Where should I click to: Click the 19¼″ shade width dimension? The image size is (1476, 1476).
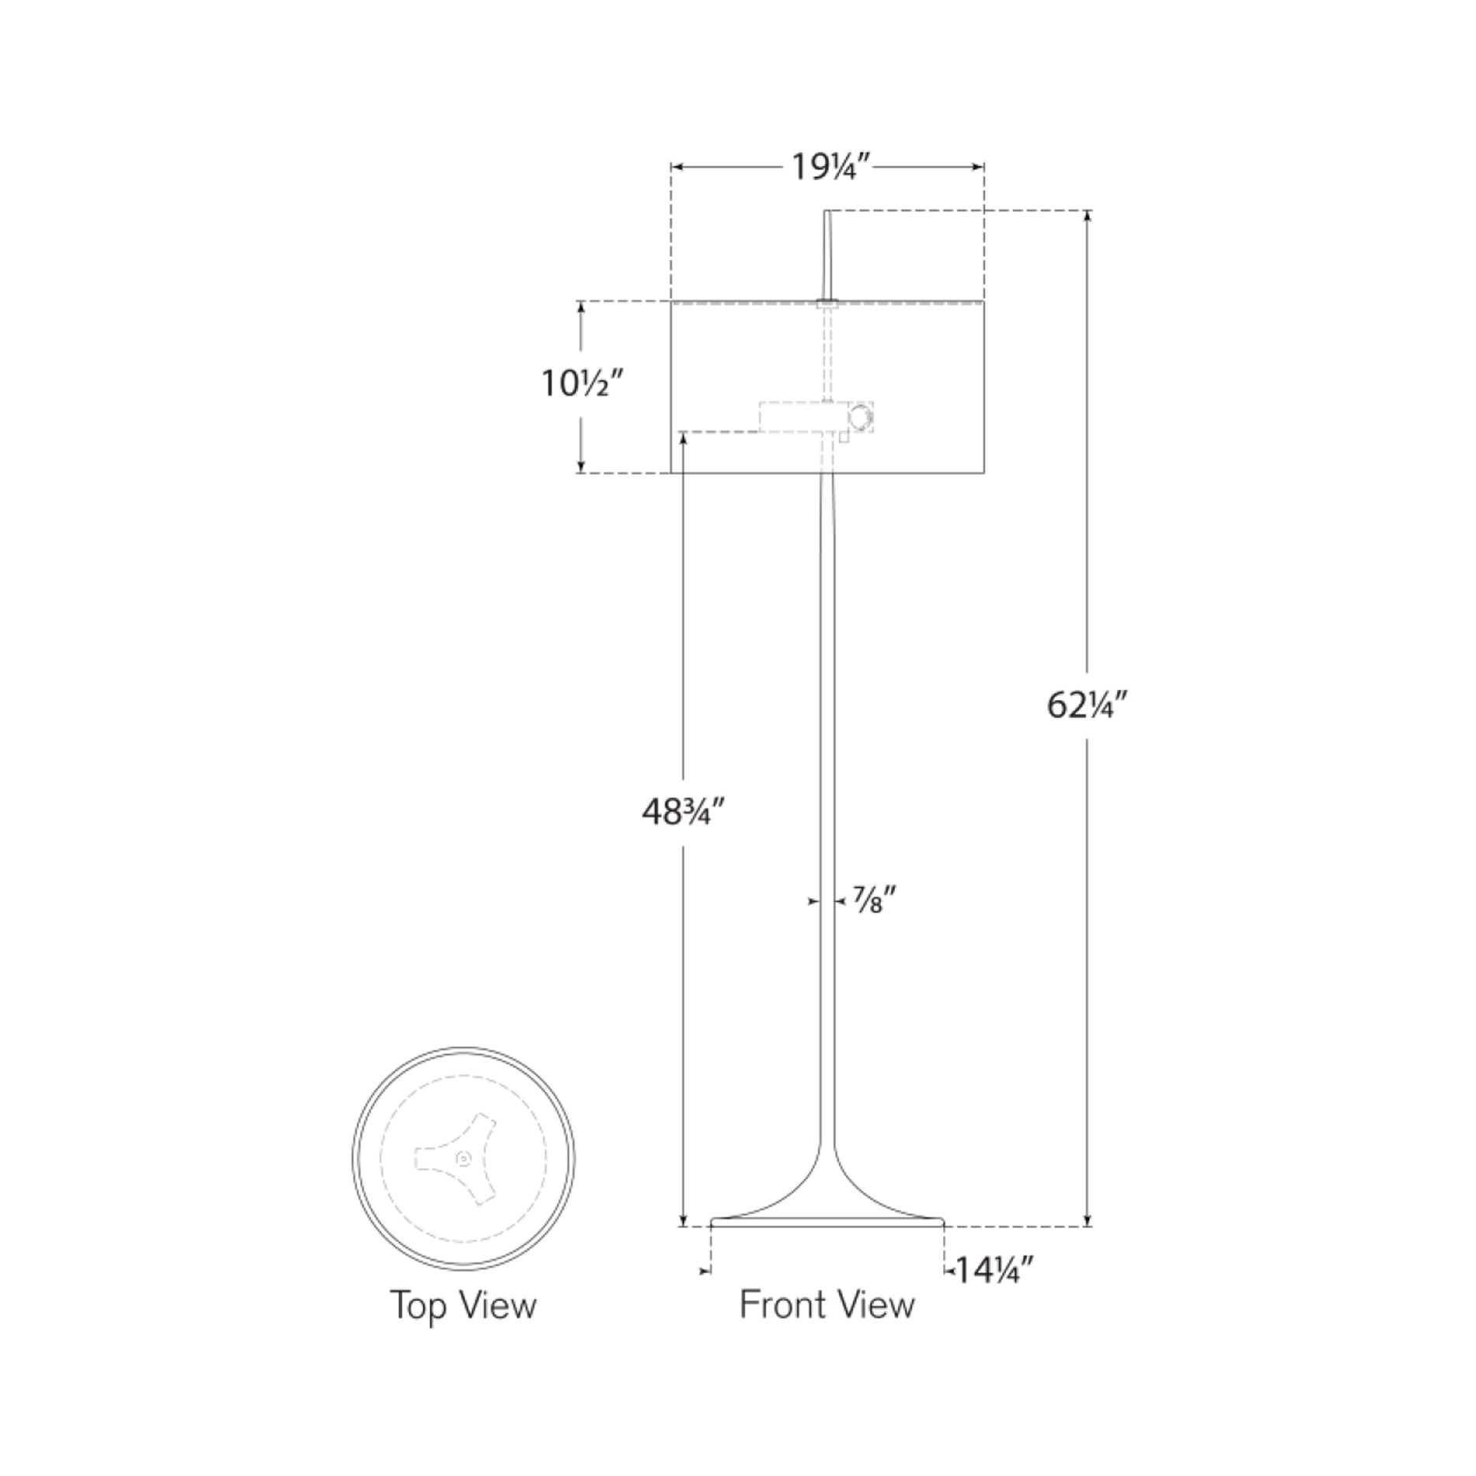click(828, 167)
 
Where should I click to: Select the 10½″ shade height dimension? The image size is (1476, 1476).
click(583, 384)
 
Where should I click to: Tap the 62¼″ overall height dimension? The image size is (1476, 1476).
click(1086, 705)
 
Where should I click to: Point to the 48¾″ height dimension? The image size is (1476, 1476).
click(683, 811)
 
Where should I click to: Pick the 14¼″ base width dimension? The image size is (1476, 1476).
click(994, 1272)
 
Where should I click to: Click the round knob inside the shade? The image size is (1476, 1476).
click(861, 418)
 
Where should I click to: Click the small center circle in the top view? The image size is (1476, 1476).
click(464, 1159)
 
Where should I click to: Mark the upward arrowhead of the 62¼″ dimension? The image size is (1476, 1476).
click(1087, 216)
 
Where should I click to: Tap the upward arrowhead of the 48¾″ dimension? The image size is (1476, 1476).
click(683, 437)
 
